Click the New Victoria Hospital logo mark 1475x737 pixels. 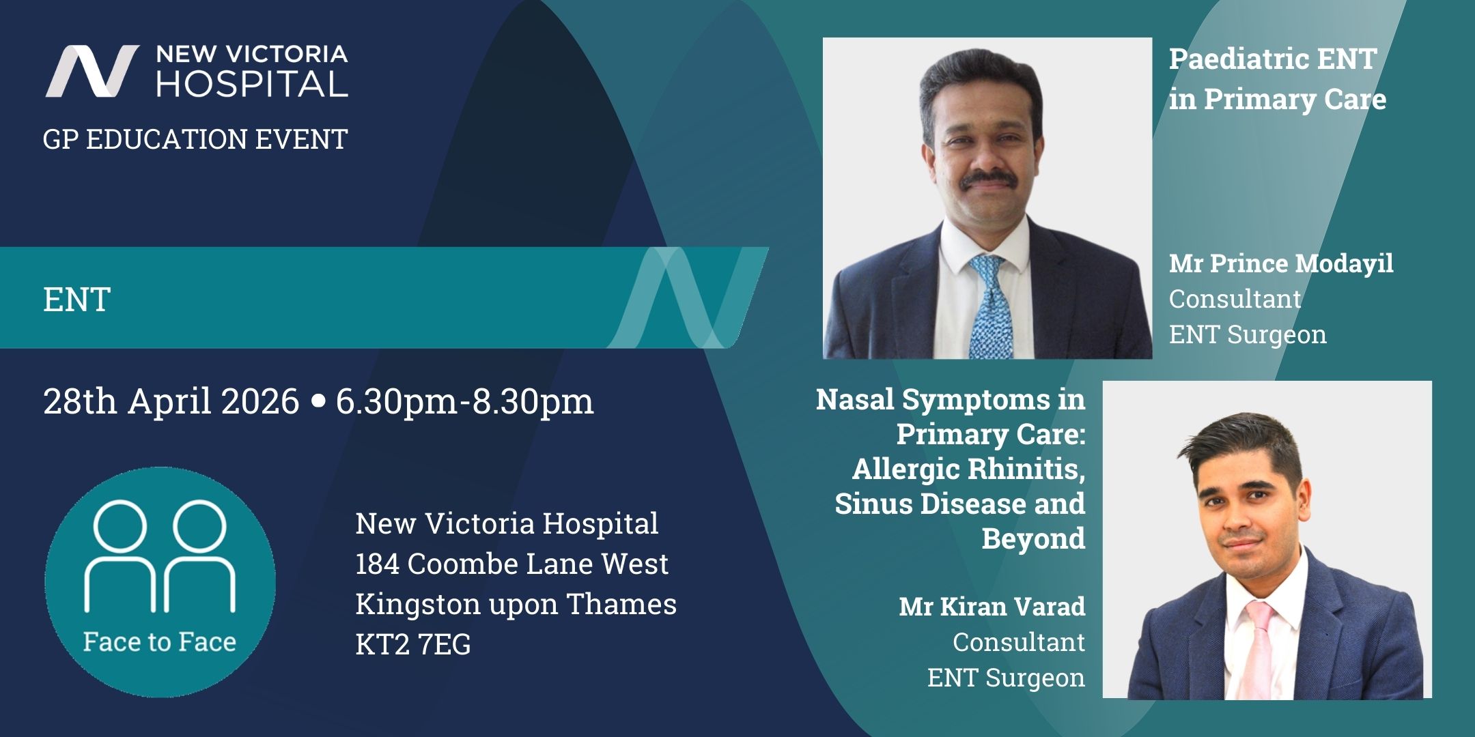pyautogui.click(x=92, y=71)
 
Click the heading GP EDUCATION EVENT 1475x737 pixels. pyautogui.click(x=195, y=139)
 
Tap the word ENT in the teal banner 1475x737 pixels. pyautogui.click(x=77, y=300)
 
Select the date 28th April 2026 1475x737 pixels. pyautogui.click(x=171, y=401)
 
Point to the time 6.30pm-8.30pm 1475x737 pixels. pyautogui.click(x=464, y=402)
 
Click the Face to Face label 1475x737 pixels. pyautogui.click(x=160, y=642)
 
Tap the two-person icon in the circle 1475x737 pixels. pyautogui.click(x=160, y=555)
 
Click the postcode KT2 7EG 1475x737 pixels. pyautogui.click(x=413, y=644)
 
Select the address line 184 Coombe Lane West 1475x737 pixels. pyautogui.click(x=512, y=564)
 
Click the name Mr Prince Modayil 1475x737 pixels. pyautogui.click(x=1281, y=264)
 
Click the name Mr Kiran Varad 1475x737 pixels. pyautogui.click(x=992, y=607)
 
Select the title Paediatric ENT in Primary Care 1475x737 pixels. pyautogui.click(x=1278, y=79)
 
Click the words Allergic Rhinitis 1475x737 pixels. pyautogui.click(x=969, y=469)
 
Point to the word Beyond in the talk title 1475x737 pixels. pyautogui.click(x=1033, y=539)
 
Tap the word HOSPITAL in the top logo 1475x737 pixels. pyautogui.click(x=252, y=83)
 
